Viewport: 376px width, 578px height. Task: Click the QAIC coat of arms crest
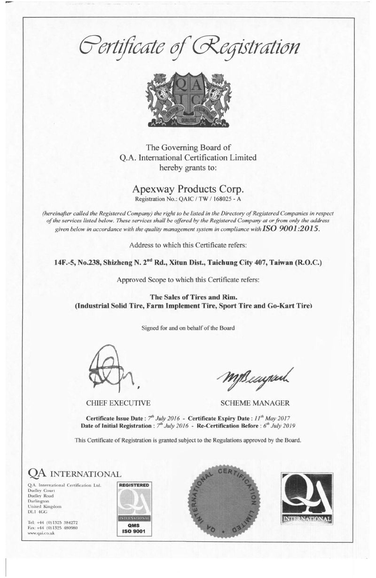point(188,99)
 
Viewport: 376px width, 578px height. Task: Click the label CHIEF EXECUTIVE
point(118,403)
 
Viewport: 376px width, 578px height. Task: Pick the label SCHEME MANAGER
point(255,403)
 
